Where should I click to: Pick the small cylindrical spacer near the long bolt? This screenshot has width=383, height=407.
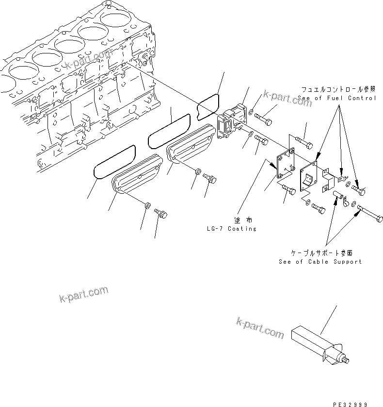click(x=337, y=197)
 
